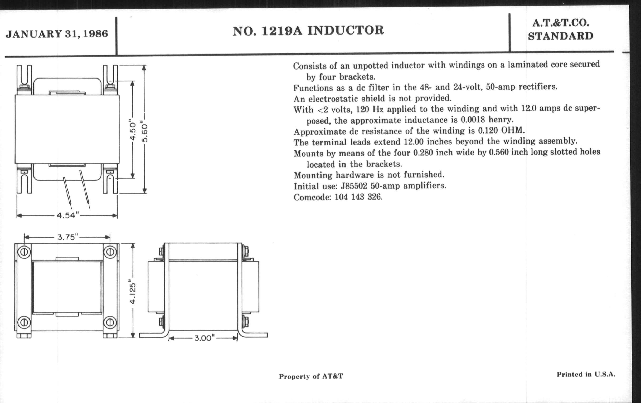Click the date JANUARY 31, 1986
[x=57, y=34]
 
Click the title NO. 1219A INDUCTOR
[x=308, y=31]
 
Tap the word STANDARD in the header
[x=561, y=36]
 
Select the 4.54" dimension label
[x=68, y=215]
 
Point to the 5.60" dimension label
[x=144, y=132]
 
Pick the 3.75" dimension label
[x=68, y=237]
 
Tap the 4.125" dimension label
[x=133, y=291]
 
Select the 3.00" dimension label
[x=204, y=338]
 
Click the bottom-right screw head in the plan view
[x=110, y=322]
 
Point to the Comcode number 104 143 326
[x=358, y=197]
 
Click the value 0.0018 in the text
[x=473, y=120]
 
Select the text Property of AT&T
[x=311, y=376]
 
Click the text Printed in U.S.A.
[x=586, y=375]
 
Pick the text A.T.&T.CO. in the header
[x=561, y=23]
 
